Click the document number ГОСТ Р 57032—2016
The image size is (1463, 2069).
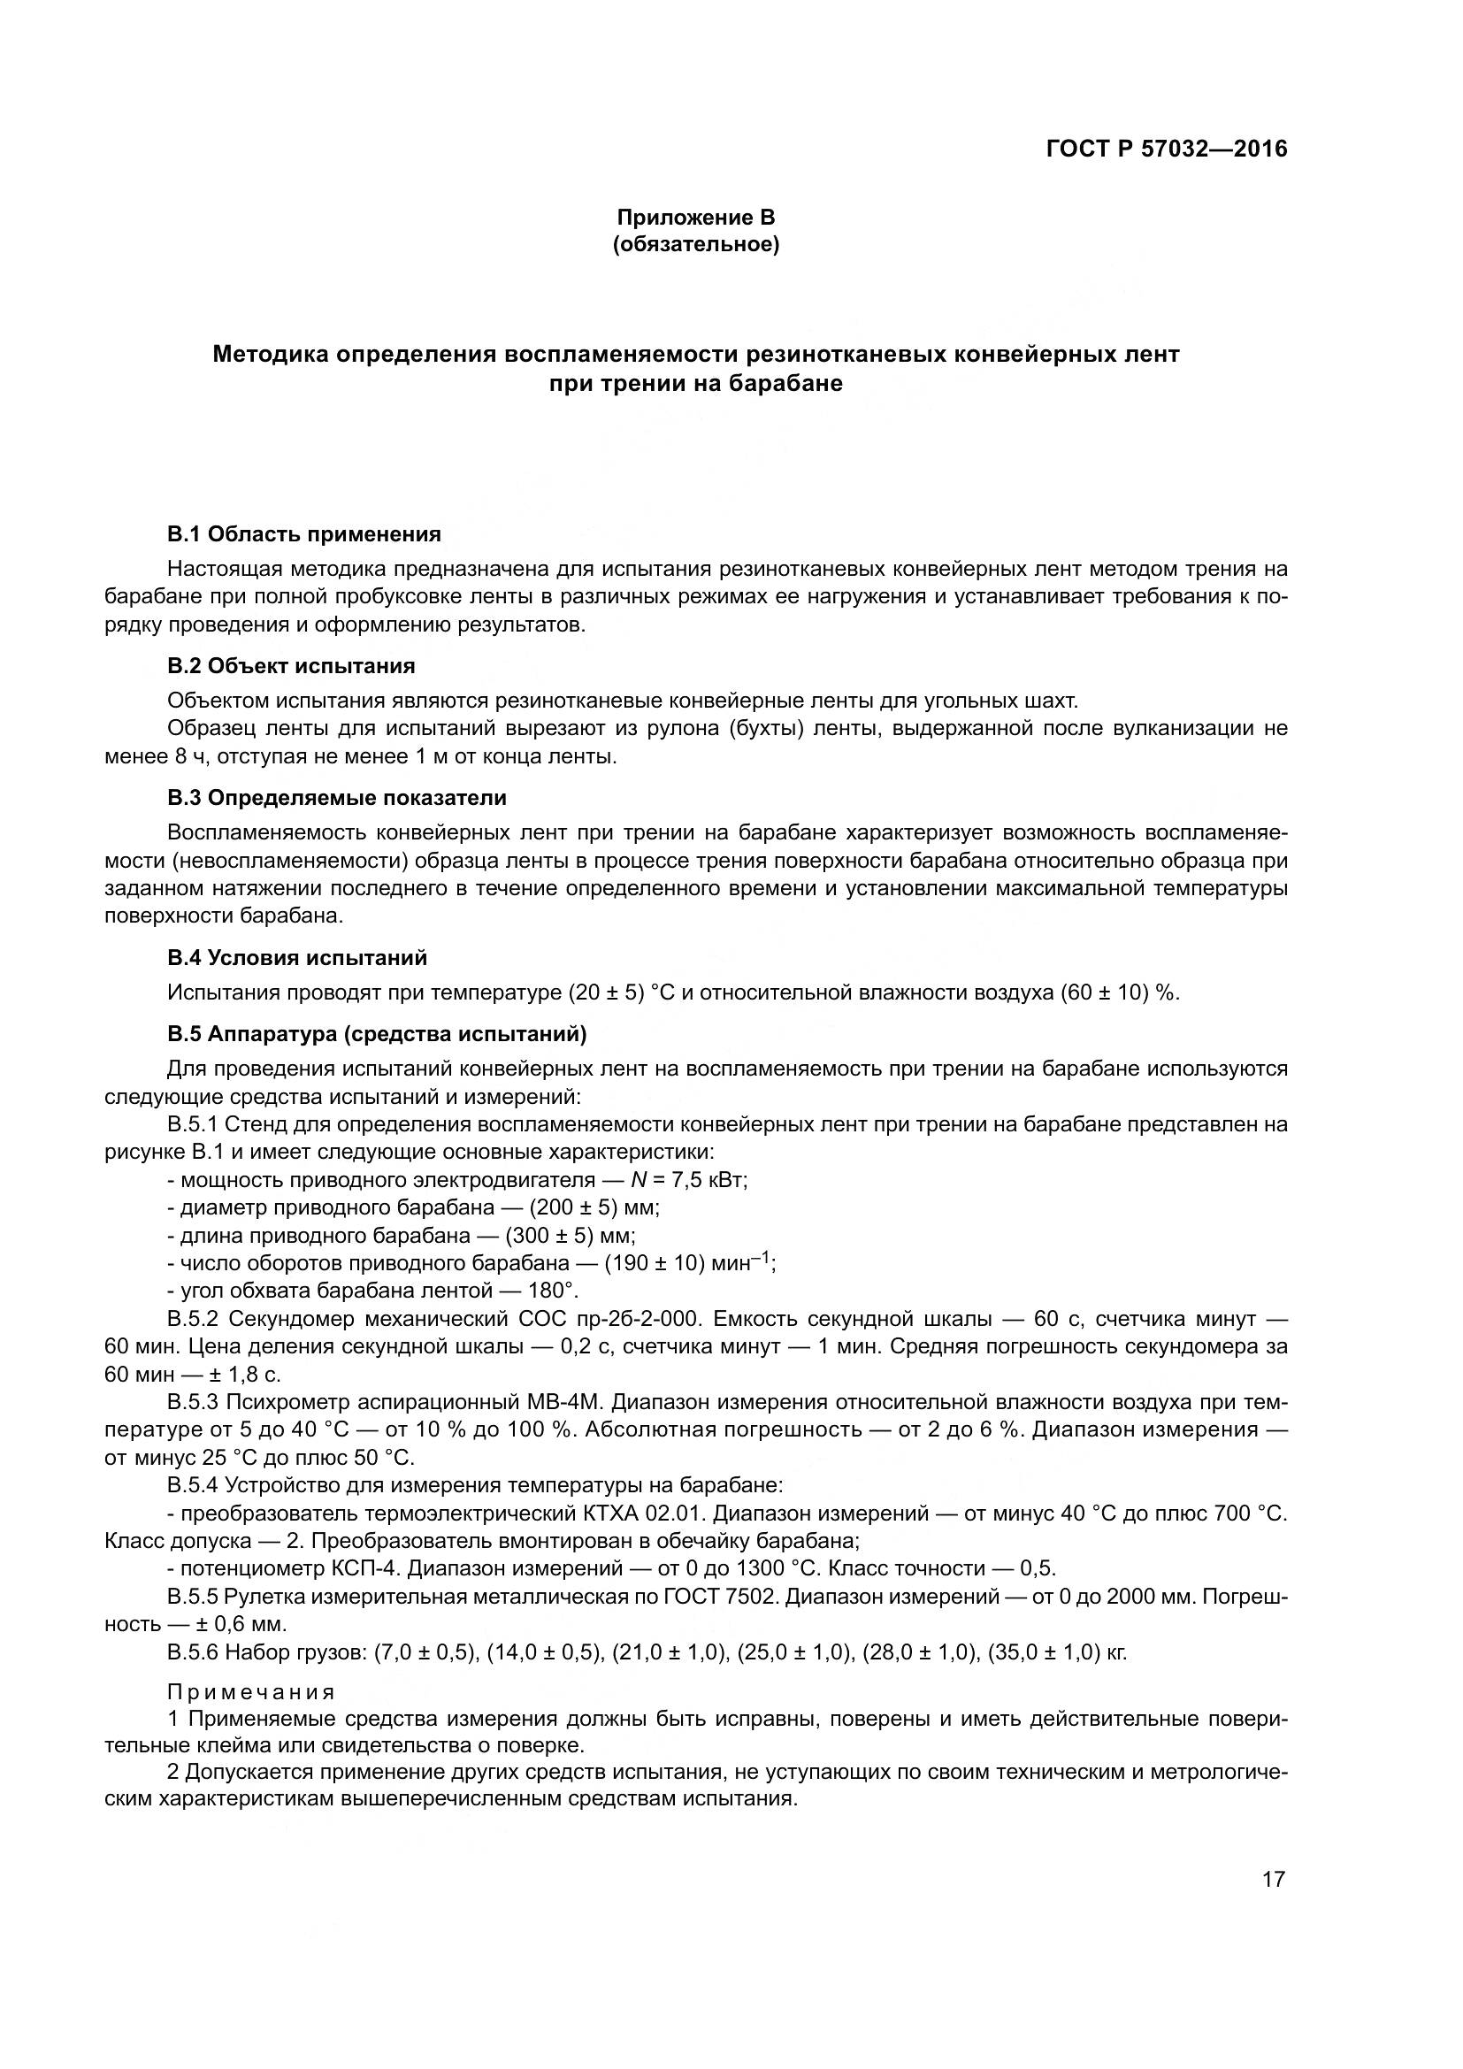(1167, 149)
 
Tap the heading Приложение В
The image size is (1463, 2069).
(695, 218)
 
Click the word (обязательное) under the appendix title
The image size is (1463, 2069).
(695, 244)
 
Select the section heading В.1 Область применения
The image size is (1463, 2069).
(304, 534)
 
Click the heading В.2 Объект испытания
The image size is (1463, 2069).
(291, 666)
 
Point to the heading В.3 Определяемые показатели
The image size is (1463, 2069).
(337, 798)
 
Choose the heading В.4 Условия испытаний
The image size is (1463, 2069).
(297, 958)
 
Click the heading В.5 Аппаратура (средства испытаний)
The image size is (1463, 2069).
(377, 1035)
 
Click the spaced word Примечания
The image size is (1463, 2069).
(251, 1691)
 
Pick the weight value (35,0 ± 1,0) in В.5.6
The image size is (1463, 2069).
(1044, 1652)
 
